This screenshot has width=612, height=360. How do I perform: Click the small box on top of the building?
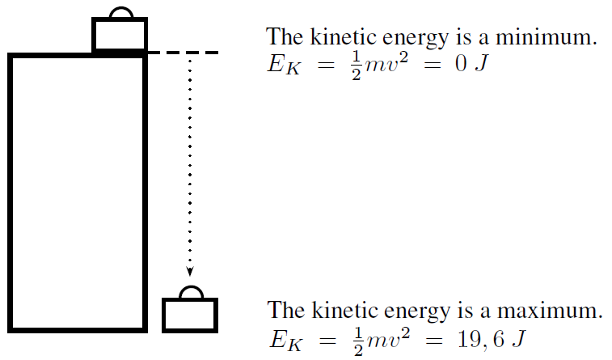coord(120,35)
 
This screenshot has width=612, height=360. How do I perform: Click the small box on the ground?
coord(190,315)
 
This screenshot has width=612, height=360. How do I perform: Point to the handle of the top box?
coord(120,12)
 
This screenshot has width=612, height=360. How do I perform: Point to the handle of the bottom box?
coord(190,292)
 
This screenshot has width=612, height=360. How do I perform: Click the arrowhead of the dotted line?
coord(190,272)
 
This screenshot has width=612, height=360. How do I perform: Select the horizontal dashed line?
coord(184,53)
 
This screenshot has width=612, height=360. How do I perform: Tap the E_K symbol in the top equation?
coord(281,66)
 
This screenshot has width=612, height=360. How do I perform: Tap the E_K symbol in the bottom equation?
coord(281,339)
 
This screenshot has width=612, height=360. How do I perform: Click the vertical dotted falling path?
coord(190,162)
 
